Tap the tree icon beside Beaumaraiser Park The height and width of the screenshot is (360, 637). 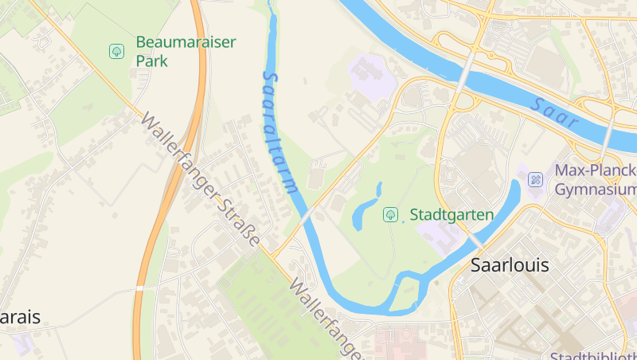[116, 52]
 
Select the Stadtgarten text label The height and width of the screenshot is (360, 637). [451, 214]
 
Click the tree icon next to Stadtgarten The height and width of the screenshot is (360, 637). [390, 213]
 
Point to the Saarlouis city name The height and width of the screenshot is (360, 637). [510, 265]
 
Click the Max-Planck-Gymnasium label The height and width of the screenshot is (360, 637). [595, 180]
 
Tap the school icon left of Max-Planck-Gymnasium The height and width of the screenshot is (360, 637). [536, 180]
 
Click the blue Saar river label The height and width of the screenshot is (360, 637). [555, 113]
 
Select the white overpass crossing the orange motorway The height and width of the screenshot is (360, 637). [139, 288]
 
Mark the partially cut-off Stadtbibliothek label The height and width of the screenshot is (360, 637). [593, 355]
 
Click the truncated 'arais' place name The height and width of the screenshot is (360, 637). [20, 317]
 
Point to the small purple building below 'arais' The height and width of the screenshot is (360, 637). [21, 343]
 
